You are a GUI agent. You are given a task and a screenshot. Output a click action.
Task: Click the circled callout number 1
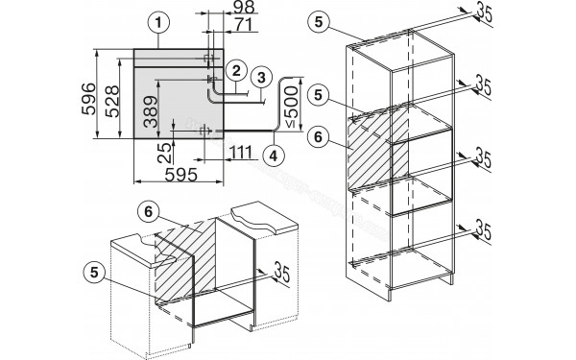[x=158, y=23]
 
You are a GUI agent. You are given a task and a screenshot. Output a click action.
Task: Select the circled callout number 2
[x=236, y=70]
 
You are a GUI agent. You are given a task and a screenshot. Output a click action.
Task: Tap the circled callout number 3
[x=261, y=78]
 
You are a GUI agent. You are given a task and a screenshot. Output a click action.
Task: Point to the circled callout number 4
[x=274, y=156]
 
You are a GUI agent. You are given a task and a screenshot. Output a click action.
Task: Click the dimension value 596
[x=89, y=99]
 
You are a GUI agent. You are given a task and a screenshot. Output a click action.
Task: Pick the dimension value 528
[x=112, y=101]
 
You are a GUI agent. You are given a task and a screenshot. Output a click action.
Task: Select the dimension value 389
[x=151, y=111]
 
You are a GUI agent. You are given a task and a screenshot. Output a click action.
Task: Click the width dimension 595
[x=181, y=175]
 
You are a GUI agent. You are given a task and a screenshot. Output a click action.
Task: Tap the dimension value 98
[x=243, y=7]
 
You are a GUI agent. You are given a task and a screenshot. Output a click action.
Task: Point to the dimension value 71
[x=244, y=25]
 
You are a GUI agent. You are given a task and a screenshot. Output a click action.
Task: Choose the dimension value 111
[x=241, y=152]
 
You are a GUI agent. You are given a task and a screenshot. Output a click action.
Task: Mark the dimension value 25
[x=164, y=153]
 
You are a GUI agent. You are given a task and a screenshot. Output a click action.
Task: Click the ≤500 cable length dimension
[x=292, y=107]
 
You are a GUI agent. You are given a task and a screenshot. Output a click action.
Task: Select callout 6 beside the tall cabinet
[x=318, y=137]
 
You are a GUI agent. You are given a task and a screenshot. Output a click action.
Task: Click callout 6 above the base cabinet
[x=148, y=212]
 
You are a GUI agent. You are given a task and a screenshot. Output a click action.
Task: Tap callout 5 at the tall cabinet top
[x=319, y=22]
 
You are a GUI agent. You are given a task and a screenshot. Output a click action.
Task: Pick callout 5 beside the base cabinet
[x=94, y=273]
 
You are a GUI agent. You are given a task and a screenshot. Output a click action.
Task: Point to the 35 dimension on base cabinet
[x=281, y=272]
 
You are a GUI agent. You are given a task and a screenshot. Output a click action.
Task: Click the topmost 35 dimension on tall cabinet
[x=484, y=13]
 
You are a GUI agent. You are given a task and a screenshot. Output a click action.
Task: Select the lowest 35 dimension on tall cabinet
[x=484, y=229]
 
